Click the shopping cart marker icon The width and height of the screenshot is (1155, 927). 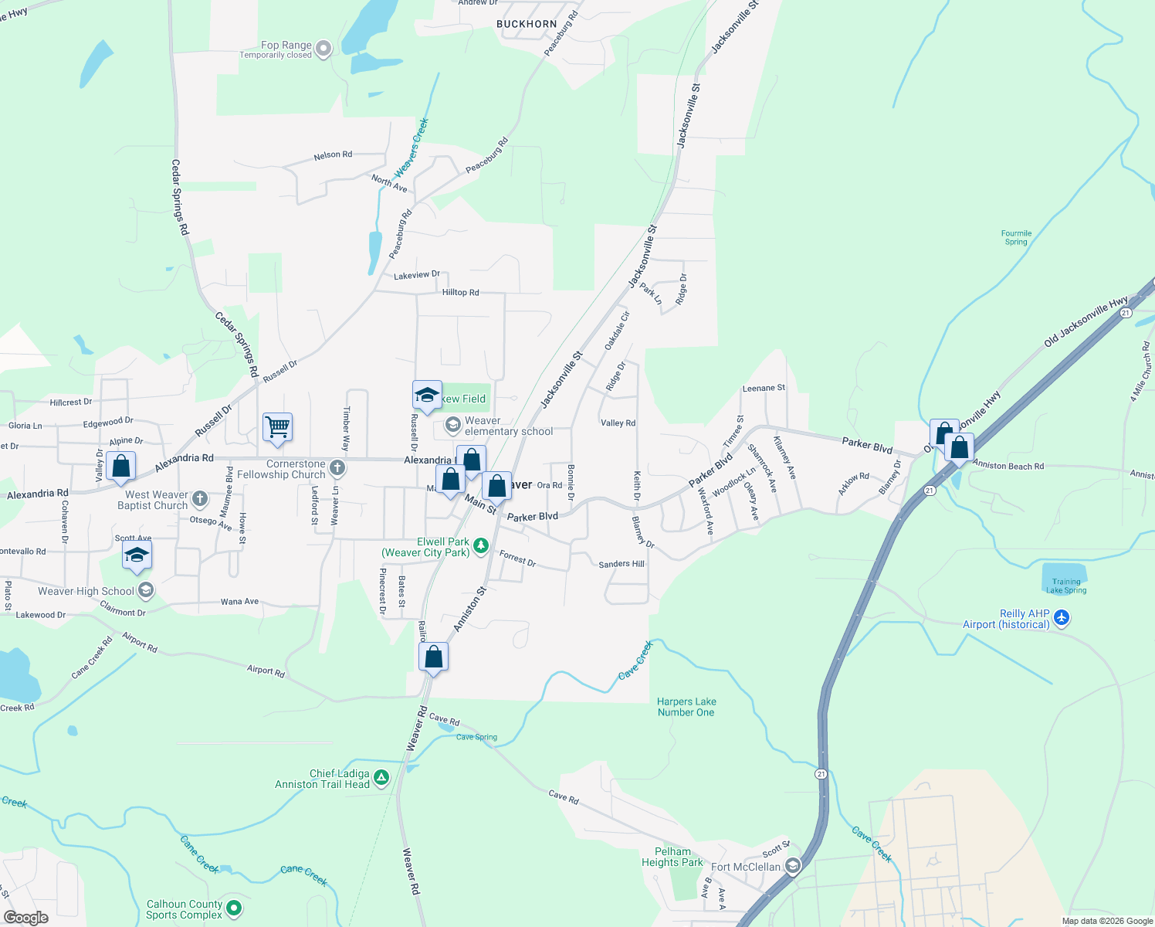click(277, 426)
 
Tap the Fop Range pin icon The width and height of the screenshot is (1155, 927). click(323, 49)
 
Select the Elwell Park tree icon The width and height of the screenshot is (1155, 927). click(481, 546)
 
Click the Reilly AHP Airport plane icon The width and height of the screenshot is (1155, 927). click(1062, 617)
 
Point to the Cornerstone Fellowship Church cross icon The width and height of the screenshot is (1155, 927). click(337, 467)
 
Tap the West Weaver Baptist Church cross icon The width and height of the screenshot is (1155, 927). click(200, 499)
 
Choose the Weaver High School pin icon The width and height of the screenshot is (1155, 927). click(146, 591)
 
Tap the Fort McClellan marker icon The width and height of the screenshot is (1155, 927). click(793, 866)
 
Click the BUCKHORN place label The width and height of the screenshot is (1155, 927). click(527, 24)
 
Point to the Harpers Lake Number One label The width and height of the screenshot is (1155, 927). click(686, 707)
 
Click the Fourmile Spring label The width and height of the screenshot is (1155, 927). click(1016, 237)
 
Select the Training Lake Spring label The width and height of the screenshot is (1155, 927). click(1066, 586)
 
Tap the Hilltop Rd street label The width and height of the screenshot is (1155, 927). click(460, 292)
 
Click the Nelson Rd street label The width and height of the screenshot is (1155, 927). click(333, 155)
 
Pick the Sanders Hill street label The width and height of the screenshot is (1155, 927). click(622, 564)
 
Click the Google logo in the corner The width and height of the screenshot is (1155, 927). click(25, 917)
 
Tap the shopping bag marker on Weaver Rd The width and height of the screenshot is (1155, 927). click(433, 657)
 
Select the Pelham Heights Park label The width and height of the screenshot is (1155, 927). click(672, 857)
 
